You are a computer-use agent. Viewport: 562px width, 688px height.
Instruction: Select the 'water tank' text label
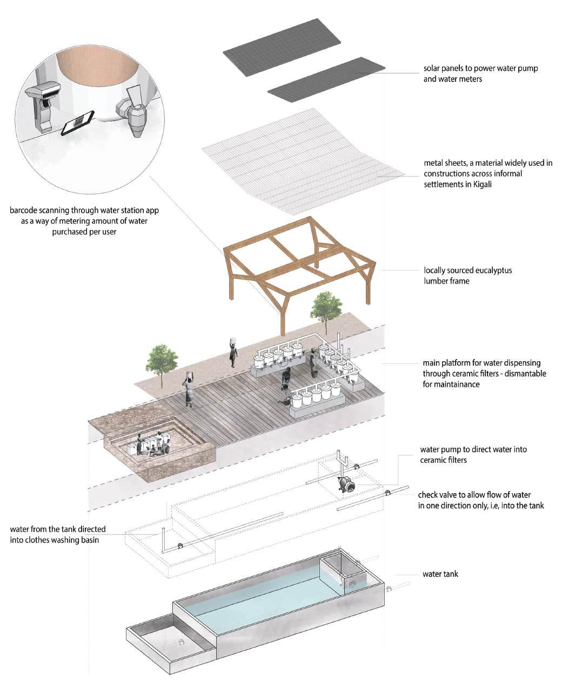click(440, 574)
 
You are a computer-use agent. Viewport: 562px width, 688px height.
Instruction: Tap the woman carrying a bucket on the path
click(233, 352)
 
